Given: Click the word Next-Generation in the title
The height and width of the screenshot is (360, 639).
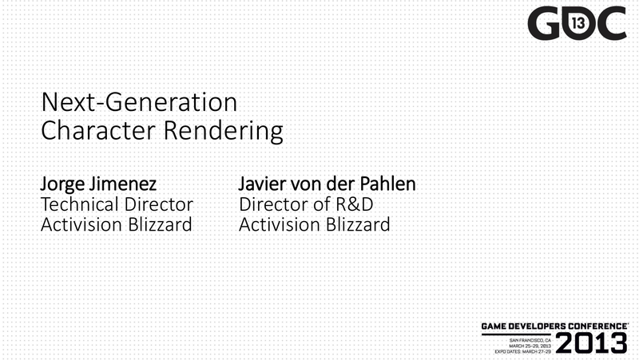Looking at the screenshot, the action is click(x=139, y=102).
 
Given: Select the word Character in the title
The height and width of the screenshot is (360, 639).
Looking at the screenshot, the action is click(x=98, y=130).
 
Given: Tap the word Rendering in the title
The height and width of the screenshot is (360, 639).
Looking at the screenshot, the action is click(x=224, y=132).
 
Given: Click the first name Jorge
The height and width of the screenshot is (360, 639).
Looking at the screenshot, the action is click(x=63, y=184).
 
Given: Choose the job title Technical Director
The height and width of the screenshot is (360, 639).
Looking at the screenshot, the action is click(x=117, y=204).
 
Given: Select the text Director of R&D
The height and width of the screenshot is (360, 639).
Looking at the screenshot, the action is click(x=306, y=204).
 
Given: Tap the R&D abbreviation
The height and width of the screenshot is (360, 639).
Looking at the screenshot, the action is click(x=355, y=204).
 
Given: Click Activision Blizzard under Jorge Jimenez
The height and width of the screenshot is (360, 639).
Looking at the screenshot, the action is click(x=117, y=224).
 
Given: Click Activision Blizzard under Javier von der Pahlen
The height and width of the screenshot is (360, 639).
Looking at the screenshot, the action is click(x=315, y=224).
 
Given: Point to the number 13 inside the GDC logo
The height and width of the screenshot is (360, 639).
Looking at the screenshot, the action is click(x=578, y=24).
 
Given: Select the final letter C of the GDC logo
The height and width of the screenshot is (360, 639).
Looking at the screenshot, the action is click(x=611, y=23).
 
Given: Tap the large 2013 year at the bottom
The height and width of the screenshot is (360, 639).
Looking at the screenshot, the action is click(x=592, y=343).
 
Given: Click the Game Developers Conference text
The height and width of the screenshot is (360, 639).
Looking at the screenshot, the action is click(x=554, y=326).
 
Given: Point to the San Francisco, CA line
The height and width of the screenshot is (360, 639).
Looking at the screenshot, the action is click(x=530, y=340).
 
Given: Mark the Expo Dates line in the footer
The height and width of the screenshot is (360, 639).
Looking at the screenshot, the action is click(x=523, y=351).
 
